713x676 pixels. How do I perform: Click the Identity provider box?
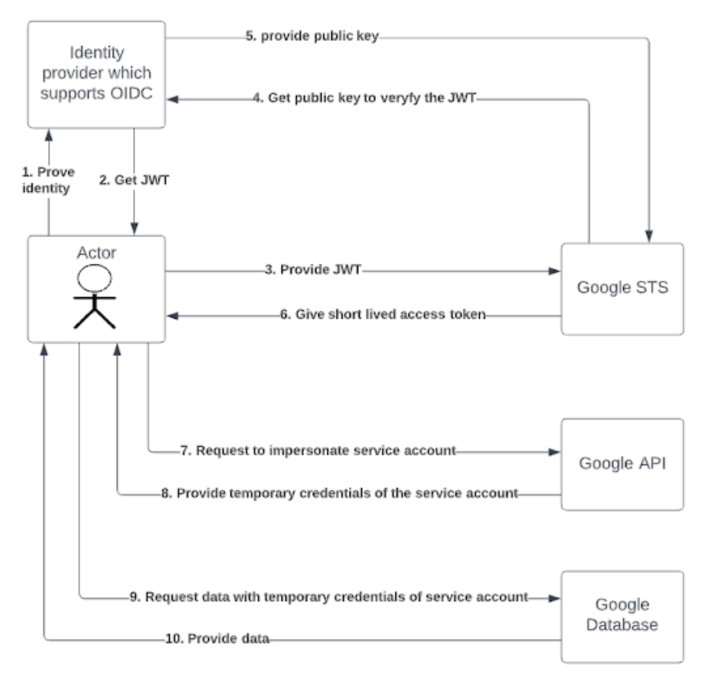(96, 74)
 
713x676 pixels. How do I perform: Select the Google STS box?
(622, 288)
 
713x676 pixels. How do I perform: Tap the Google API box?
(622, 464)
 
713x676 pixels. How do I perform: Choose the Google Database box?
(622, 615)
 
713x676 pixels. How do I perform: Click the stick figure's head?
(95, 279)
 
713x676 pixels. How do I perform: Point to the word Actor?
(96, 252)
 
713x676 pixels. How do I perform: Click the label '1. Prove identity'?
(48, 180)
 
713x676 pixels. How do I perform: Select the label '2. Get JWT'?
(134, 180)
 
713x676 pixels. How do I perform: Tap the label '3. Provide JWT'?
(313, 269)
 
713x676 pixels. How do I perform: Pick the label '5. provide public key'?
(312, 37)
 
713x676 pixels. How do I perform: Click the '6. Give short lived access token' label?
(383, 314)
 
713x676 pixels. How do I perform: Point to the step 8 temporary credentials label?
(339, 493)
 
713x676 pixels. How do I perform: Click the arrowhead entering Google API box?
(555, 452)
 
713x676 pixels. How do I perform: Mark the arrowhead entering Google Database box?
(555, 598)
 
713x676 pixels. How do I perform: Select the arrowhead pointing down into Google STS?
(650, 236)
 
